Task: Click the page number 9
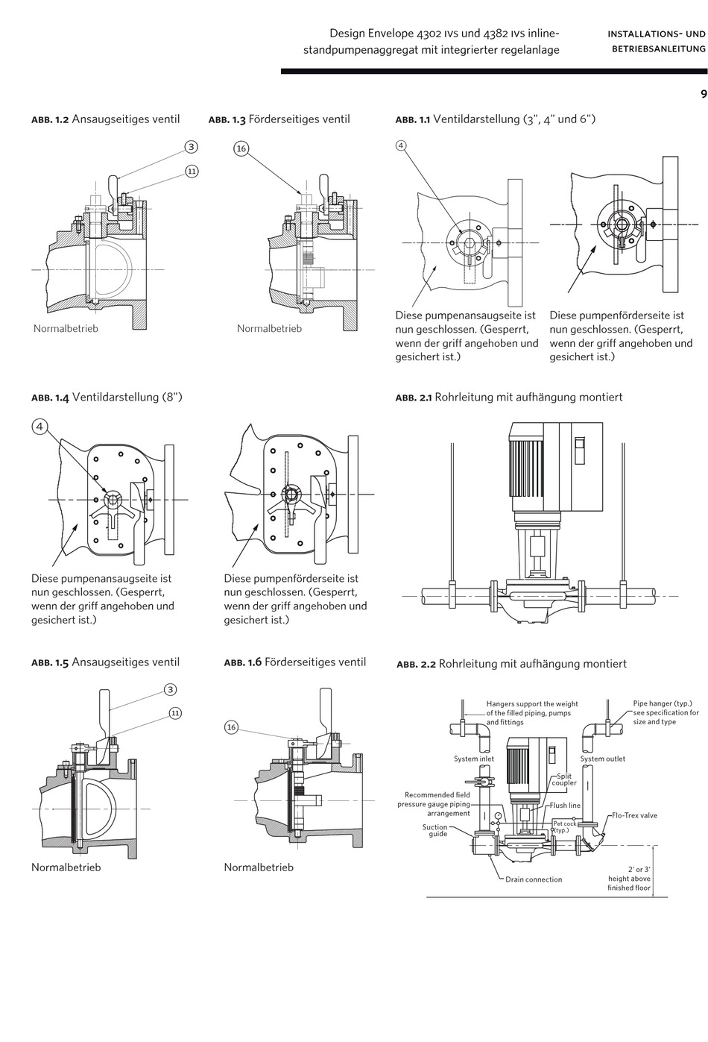coord(704,94)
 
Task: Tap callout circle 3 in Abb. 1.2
coord(192,147)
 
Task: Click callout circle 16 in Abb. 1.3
coord(241,149)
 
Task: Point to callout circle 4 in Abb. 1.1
coord(401,145)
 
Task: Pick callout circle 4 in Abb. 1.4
coord(39,427)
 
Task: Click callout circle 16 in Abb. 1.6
coord(232,727)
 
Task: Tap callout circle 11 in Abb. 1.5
coord(175,713)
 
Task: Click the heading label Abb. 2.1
coord(414,398)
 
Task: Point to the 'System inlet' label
coord(474,759)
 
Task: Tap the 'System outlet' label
coord(602,759)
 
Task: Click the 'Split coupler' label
coord(564,779)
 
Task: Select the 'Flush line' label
coord(565,806)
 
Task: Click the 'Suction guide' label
coord(434,830)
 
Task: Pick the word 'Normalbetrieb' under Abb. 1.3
coord(269,328)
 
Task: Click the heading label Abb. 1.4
coord(50,398)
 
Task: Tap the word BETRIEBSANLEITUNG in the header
coord(659,48)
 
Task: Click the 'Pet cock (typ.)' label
coord(564,826)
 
